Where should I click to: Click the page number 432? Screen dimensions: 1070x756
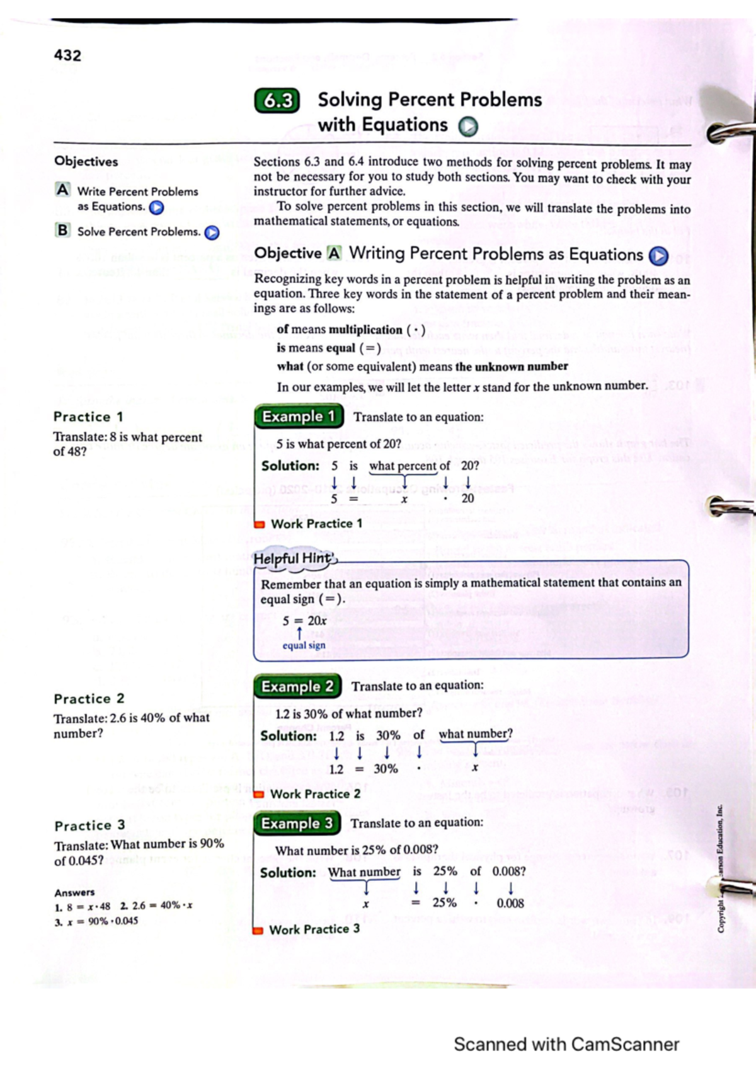(x=67, y=55)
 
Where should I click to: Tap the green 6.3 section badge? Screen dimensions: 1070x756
(x=277, y=101)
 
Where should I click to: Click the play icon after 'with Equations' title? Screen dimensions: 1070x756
(x=467, y=127)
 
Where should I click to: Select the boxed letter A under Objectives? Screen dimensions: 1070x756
(x=62, y=190)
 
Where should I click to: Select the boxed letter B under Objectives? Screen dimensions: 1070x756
(x=62, y=231)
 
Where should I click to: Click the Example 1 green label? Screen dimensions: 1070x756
(x=299, y=417)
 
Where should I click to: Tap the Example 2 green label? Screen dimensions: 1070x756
(x=297, y=686)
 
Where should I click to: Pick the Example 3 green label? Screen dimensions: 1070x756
(x=297, y=824)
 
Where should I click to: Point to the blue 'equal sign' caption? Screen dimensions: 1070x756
(x=304, y=645)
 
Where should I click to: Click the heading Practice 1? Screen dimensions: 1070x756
(x=88, y=417)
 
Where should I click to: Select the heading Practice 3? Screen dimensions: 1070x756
(x=89, y=826)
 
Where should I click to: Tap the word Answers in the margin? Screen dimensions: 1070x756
(x=74, y=892)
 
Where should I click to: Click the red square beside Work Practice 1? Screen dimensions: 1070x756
(x=259, y=524)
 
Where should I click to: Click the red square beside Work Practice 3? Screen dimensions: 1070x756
(x=258, y=931)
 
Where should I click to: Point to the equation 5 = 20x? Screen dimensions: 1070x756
(x=304, y=621)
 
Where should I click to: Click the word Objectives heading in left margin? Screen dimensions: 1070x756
(x=86, y=161)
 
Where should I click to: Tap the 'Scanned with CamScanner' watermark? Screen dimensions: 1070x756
(x=566, y=1044)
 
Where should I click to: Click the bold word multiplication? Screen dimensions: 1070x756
(x=365, y=330)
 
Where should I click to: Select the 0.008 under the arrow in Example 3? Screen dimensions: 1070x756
(x=510, y=903)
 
